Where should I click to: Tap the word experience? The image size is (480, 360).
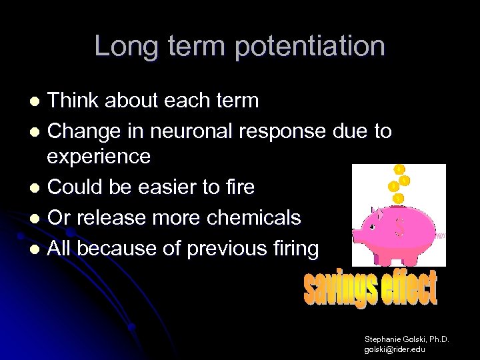pos(99,157)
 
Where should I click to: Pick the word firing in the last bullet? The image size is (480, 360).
pos(293,249)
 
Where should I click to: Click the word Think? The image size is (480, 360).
pos(74,101)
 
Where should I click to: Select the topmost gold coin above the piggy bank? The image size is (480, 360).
pos(399,169)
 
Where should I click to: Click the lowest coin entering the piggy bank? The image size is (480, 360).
pos(398,198)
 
